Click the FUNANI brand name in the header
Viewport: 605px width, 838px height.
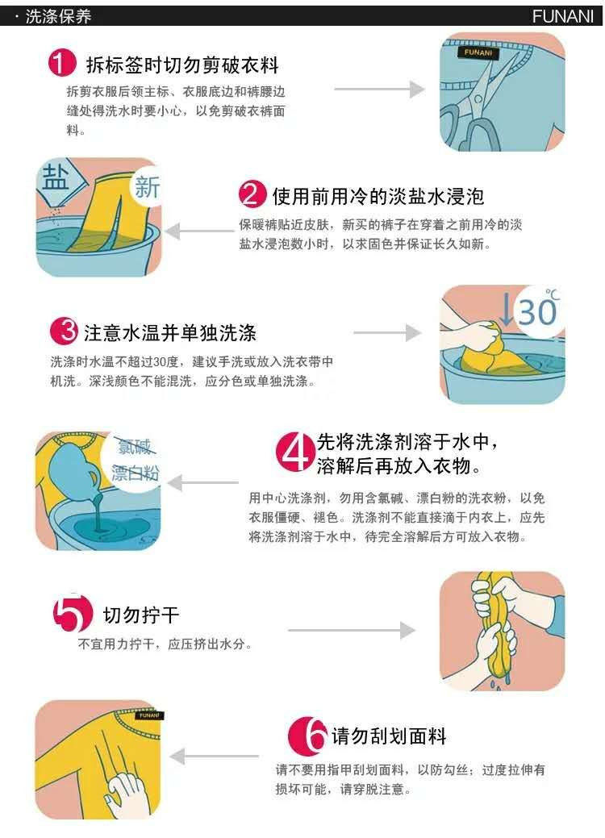[562, 16]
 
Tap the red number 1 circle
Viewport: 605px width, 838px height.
[63, 63]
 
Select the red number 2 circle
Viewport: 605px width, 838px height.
[252, 194]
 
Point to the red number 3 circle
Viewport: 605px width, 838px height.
[65, 331]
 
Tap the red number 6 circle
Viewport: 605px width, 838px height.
[307, 735]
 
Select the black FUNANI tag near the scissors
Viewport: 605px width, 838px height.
[478, 53]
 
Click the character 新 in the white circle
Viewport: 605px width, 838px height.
[147, 187]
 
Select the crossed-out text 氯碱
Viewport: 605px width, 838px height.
[134, 446]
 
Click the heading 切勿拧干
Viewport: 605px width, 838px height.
[140, 615]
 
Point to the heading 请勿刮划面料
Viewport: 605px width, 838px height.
[389, 736]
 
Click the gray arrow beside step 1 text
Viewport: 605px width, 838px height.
[379, 90]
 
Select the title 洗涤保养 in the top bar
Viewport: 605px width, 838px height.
[58, 17]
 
